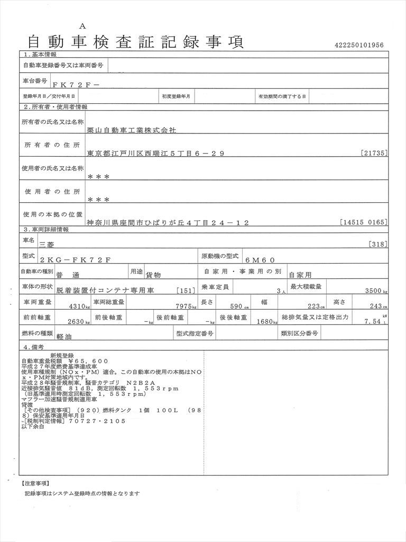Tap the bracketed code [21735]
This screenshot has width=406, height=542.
click(375, 153)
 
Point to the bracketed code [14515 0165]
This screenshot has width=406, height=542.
click(364, 223)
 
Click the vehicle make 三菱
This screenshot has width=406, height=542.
click(47, 245)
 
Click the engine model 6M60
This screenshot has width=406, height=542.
click(260, 260)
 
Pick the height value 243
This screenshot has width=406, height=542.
click(376, 306)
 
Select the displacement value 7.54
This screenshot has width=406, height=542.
click(373, 321)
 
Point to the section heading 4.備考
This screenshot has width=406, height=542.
click(33, 347)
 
